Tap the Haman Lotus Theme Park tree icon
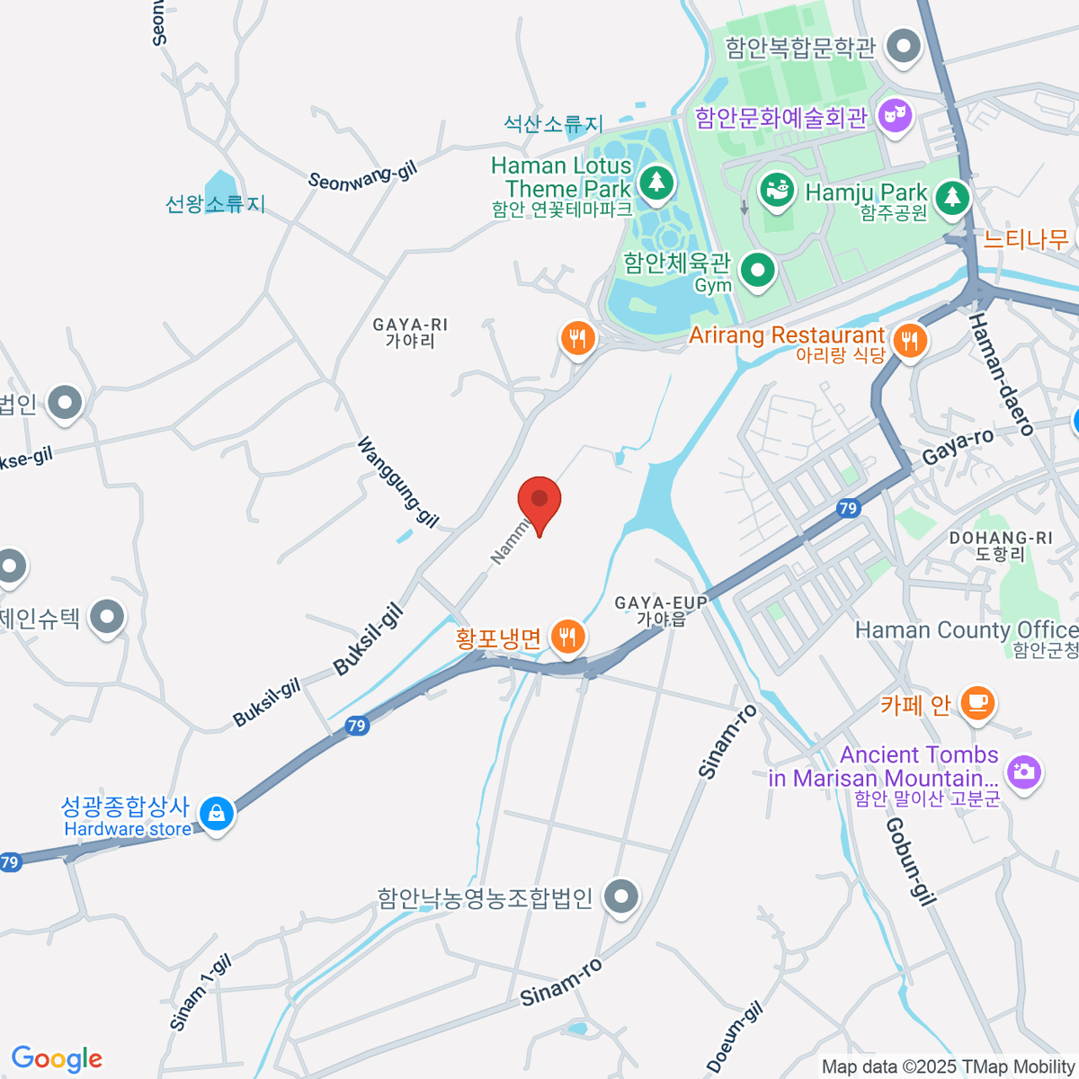656,183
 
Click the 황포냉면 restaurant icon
566,638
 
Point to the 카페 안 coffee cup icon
977,702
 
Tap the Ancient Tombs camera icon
1023,771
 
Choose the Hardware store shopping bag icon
216,813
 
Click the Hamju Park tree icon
951,196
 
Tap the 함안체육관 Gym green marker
758,269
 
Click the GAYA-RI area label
410,333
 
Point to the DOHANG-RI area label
1001,546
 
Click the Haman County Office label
967,631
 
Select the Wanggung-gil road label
398,482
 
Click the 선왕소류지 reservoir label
216,204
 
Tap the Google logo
57,1059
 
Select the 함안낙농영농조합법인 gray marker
620,896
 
